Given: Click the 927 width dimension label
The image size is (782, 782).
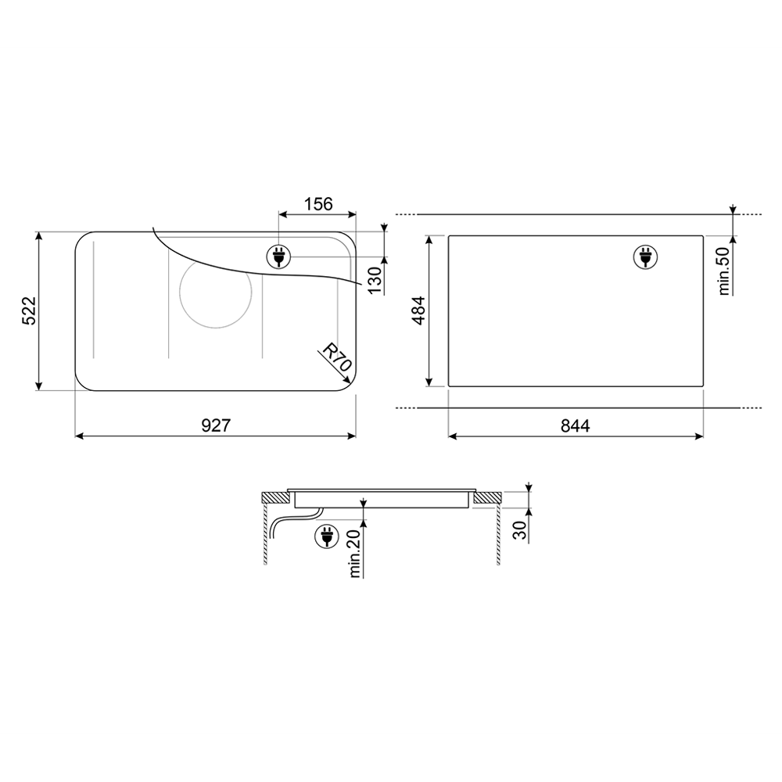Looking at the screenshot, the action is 216,425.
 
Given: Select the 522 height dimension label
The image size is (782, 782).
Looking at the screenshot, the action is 30,310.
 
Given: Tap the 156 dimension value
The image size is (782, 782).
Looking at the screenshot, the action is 318,204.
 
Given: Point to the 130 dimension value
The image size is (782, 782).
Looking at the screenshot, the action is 375,280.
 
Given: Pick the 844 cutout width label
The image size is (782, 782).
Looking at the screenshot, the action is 575,426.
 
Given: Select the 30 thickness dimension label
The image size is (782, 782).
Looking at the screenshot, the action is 520,530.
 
